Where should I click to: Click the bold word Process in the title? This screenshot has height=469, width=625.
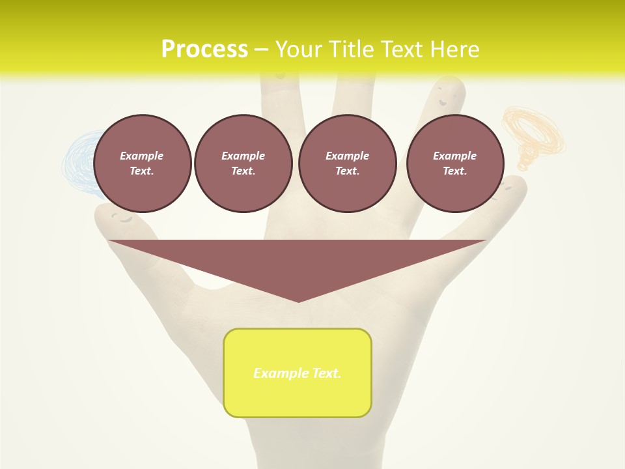pos(204,50)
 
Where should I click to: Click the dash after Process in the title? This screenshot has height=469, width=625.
pos(261,50)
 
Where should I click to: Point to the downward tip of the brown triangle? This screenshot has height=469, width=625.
pos(298,301)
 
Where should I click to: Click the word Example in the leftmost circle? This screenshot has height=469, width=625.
pos(142,156)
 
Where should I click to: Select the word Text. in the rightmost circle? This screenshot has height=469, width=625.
pos(454,171)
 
